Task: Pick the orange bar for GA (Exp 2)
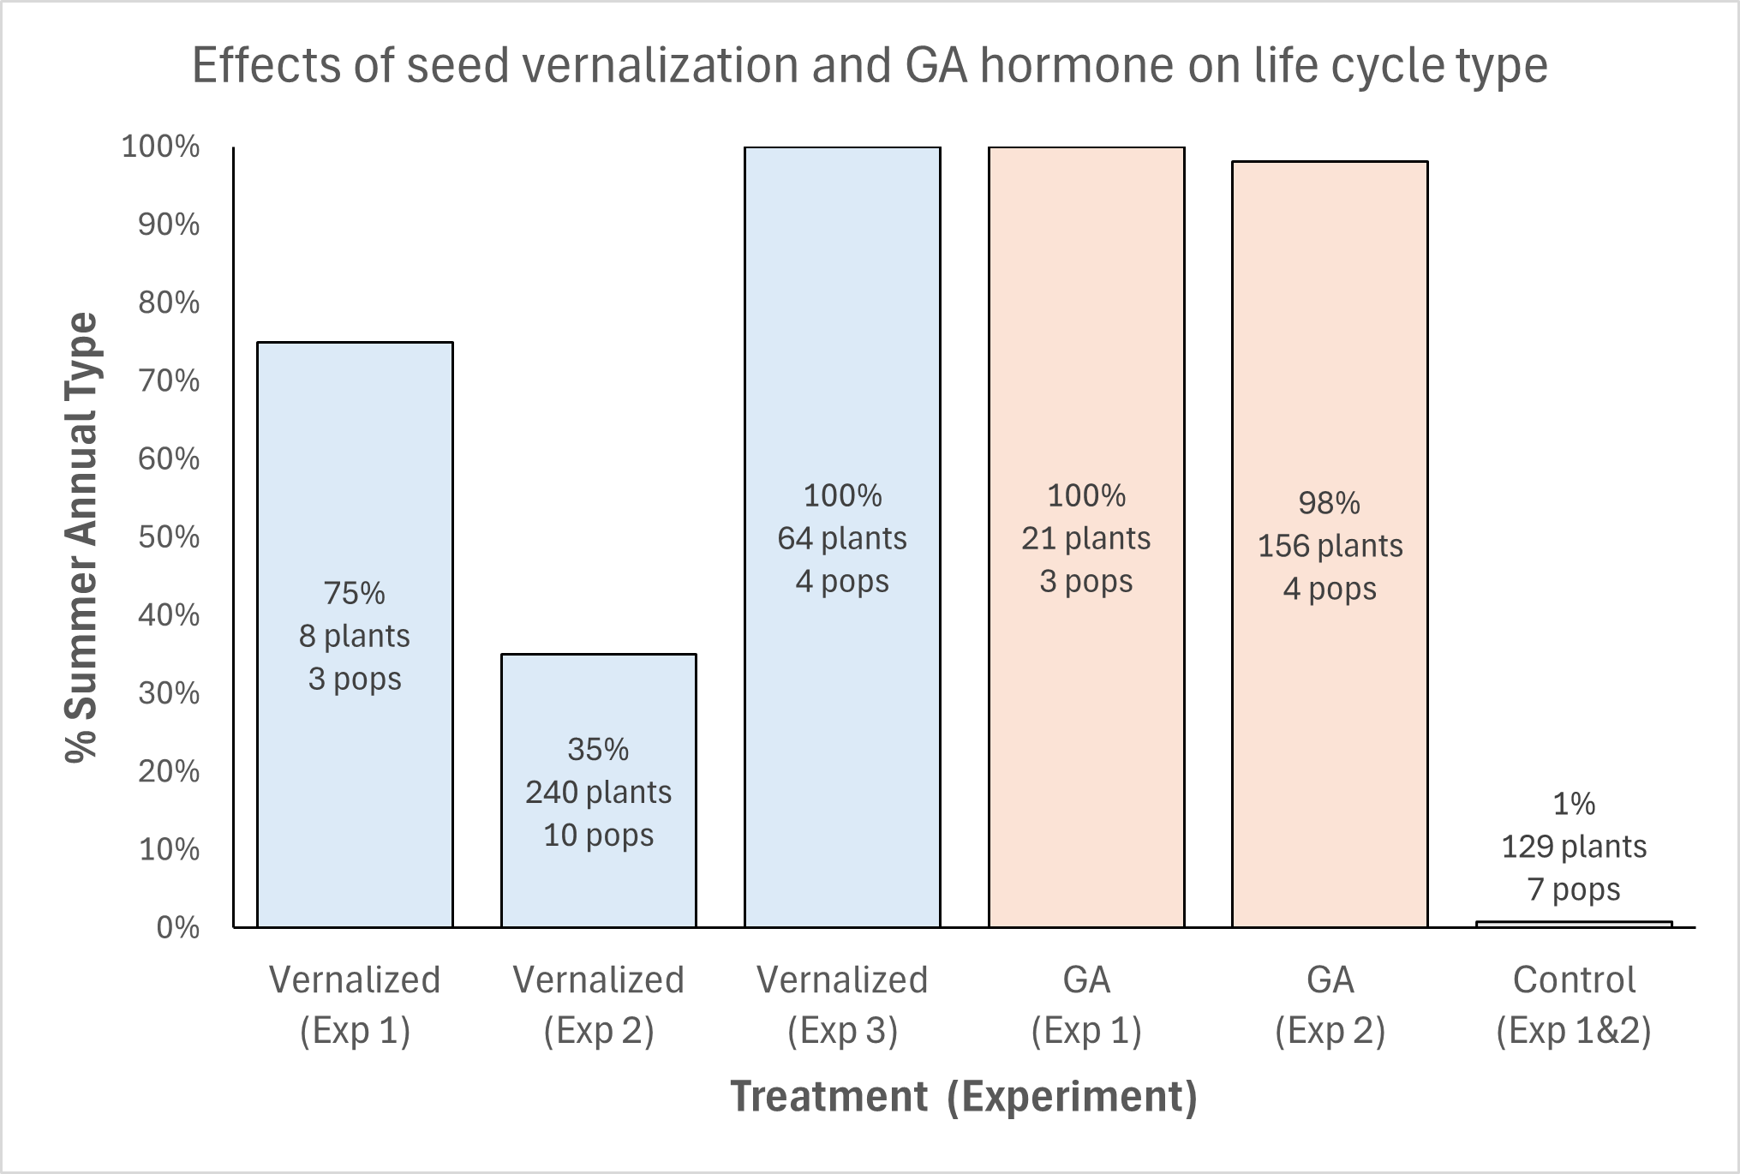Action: [1330, 728]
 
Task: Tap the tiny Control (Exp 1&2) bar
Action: [1574, 924]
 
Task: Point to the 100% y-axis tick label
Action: [160, 147]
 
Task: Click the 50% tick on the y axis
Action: [169, 537]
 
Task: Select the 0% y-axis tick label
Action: [177, 927]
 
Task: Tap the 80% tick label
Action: [169, 302]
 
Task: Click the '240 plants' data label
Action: [598, 793]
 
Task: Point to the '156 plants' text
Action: [1330, 546]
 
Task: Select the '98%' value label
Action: [1329, 503]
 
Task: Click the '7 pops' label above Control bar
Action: [1574, 889]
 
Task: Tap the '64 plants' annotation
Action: [841, 538]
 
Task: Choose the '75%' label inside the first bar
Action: [354, 593]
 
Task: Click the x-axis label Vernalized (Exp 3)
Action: [841, 1004]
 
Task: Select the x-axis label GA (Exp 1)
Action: [1085, 1004]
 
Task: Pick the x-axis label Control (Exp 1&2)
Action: [1574, 1004]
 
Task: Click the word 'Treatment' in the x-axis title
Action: [828, 1097]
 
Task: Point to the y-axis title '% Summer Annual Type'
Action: [82, 537]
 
